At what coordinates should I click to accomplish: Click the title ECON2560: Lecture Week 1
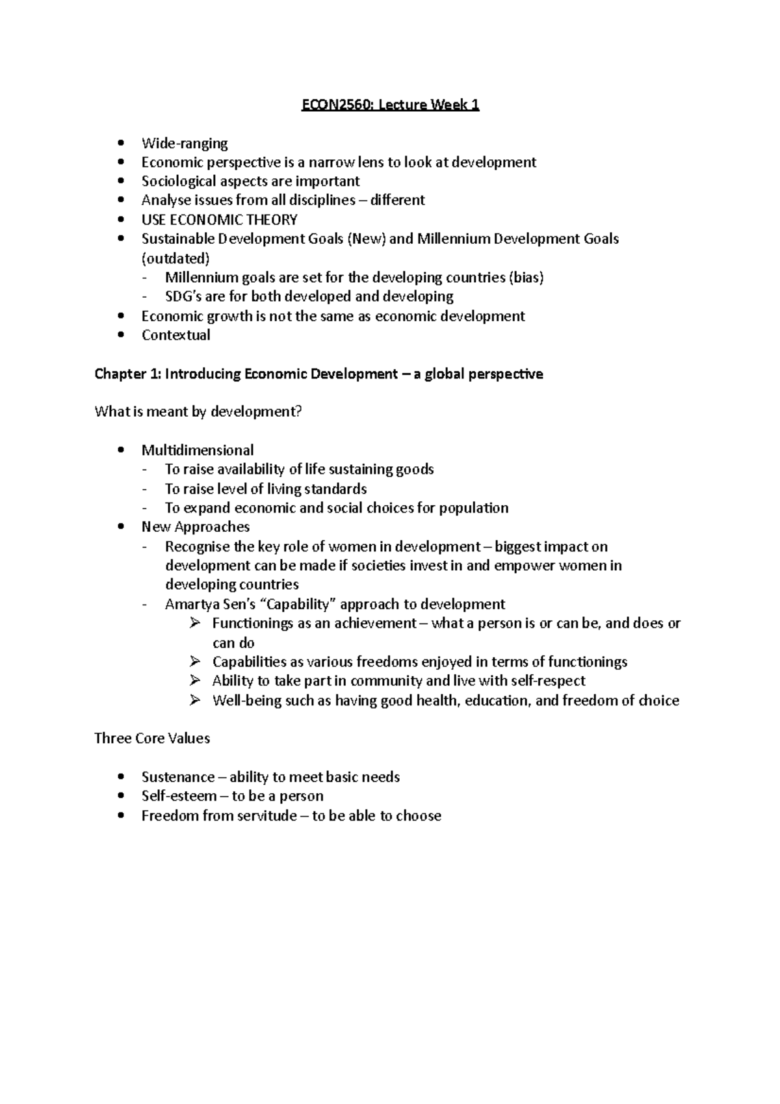(x=390, y=105)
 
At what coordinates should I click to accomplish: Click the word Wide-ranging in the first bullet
(x=185, y=143)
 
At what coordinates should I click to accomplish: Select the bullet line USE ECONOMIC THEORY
(x=219, y=220)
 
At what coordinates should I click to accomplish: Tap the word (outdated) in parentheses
(x=175, y=258)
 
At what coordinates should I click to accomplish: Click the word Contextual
(x=175, y=335)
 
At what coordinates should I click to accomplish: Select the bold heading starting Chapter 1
(x=318, y=374)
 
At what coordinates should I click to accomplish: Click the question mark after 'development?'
(x=299, y=412)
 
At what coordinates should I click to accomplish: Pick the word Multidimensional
(x=198, y=450)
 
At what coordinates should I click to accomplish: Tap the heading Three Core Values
(x=152, y=739)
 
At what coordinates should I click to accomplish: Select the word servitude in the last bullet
(x=266, y=815)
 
